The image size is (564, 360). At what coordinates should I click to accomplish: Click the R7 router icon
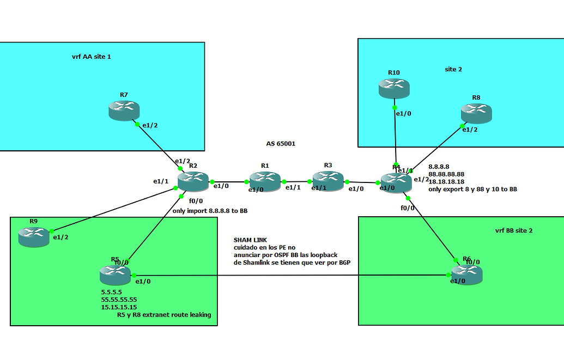(124, 111)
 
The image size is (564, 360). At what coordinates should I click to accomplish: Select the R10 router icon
(394, 88)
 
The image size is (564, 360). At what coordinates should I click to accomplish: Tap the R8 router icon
(476, 113)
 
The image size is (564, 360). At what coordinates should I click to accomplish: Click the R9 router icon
(33, 235)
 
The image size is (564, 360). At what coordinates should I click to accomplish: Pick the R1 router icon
(265, 181)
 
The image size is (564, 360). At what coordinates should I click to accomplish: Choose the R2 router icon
(193, 181)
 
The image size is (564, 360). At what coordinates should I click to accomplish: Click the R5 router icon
(115, 275)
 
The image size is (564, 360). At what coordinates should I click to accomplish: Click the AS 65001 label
(280, 144)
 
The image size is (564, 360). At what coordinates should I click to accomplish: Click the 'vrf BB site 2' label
(510, 230)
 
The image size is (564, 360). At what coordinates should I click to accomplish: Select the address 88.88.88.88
(446, 174)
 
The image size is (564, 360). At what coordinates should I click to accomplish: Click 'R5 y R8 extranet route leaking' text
(164, 315)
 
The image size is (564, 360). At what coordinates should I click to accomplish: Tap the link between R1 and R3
(296, 181)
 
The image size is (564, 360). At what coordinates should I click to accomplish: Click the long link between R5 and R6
(294, 275)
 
